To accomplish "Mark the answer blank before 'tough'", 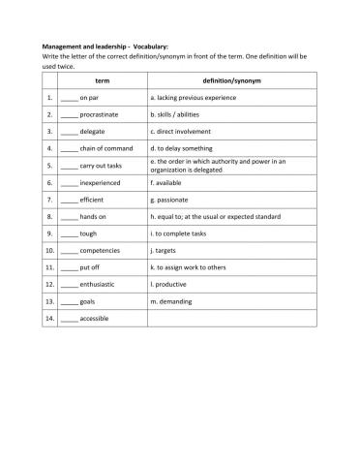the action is pyautogui.click(x=69, y=233).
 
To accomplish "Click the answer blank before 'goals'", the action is pyautogui.click(x=69, y=301).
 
